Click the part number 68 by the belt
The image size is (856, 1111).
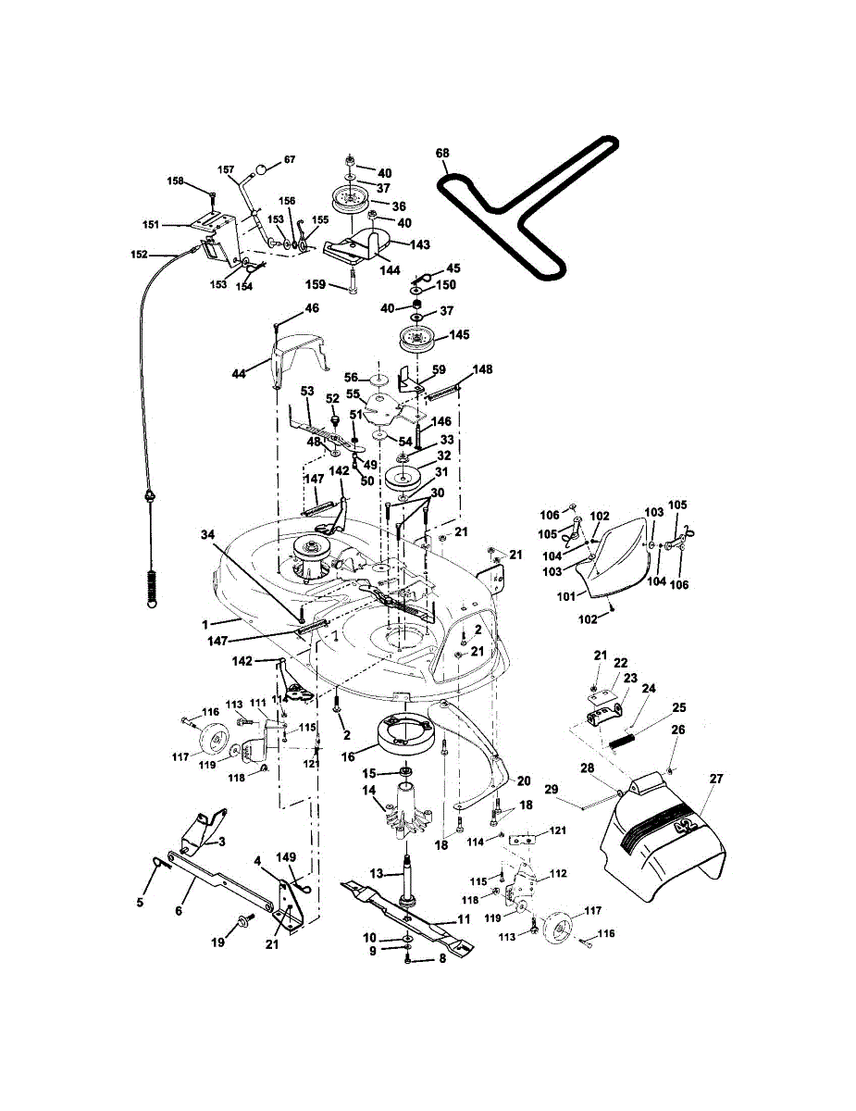point(442,153)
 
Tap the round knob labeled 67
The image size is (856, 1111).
point(263,169)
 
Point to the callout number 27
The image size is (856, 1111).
point(714,780)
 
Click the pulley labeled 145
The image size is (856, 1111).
point(419,340)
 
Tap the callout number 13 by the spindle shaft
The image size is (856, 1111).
point(378,873)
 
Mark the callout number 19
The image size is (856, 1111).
point(218,942)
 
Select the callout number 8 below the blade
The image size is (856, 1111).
point(442,960)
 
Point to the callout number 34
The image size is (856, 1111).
point(210,534)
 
